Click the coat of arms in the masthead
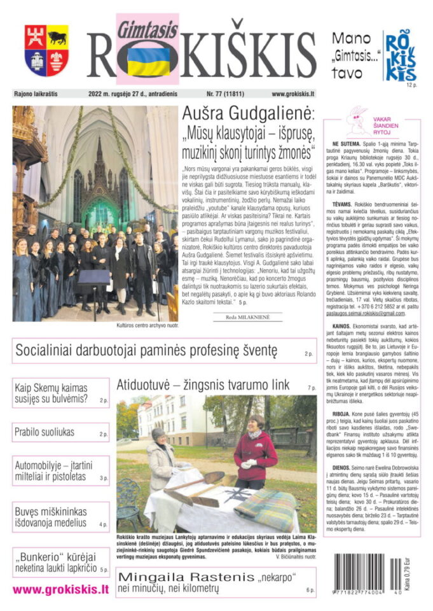pos(46,50)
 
